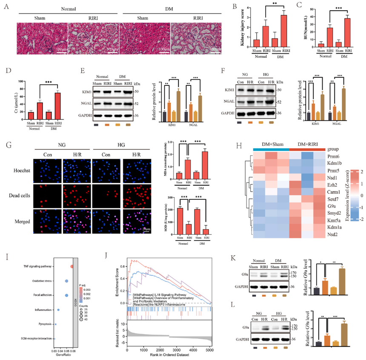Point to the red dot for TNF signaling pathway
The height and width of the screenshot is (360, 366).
click(x=72, y=266)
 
